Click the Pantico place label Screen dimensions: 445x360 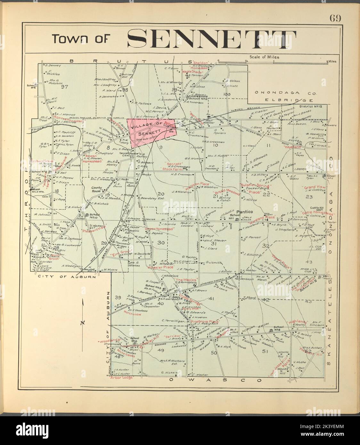click(x=245, y=212)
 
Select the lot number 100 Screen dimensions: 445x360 click(x=227, y=94)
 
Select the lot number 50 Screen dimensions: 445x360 click(x=214, y=352)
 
